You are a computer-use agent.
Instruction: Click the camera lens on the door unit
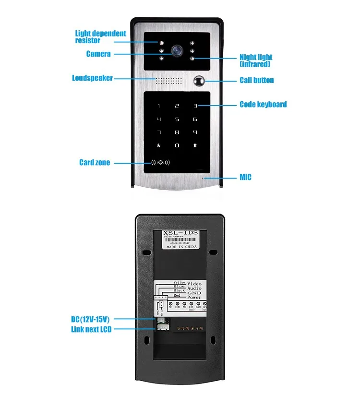tap(178, 49)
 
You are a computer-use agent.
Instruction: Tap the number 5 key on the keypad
tap(177, 119)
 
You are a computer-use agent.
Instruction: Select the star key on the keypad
tap(159, 145)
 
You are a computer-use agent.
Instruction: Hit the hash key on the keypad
tap(195, 145)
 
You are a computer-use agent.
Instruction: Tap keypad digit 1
tap(159, 106)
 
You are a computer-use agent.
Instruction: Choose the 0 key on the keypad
tap(177, 145)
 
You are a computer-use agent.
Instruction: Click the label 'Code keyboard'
tap(263, 104)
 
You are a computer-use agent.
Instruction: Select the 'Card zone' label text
tap(95, 162)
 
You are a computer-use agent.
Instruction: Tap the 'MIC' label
tap(245, 178)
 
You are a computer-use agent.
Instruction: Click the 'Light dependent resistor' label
tap(100, 37)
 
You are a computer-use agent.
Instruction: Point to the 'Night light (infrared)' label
tap(256, 60)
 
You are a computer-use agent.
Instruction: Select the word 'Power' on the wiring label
tap(194, 297)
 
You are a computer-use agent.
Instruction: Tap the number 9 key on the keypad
tap(195, 132)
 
